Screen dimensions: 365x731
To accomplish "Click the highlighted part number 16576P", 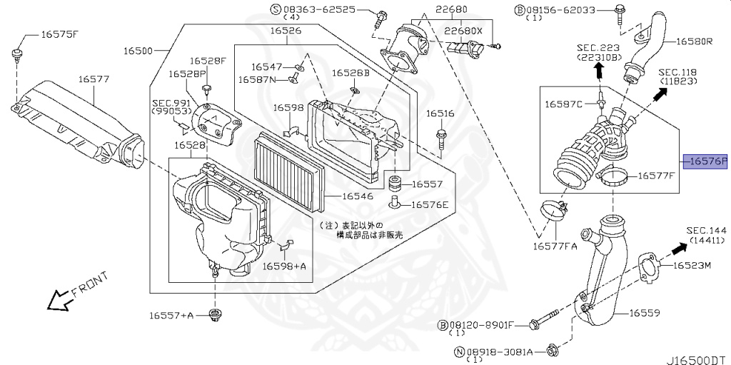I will [705, 161].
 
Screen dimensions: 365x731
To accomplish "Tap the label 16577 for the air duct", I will [94, 79].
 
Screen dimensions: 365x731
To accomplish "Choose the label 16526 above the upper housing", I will [285, 31].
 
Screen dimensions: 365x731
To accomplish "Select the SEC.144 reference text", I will [706, 231].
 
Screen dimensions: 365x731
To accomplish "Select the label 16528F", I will [207, 60].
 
